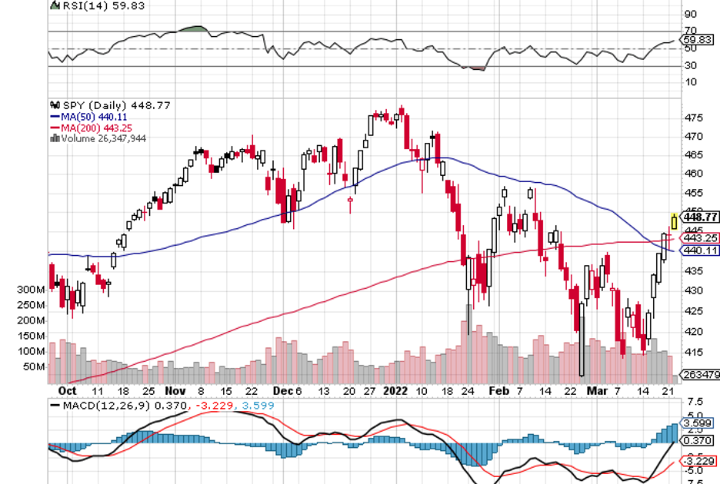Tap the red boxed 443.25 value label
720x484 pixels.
(x=702, y=238)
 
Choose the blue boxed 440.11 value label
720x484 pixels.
(x=702, y=250)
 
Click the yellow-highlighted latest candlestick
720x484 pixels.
(x=675, y=221)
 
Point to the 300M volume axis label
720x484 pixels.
(x=29, y=290)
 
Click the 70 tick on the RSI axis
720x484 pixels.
(x=690, y=31)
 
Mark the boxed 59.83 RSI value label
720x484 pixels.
(x=701, y=39)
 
